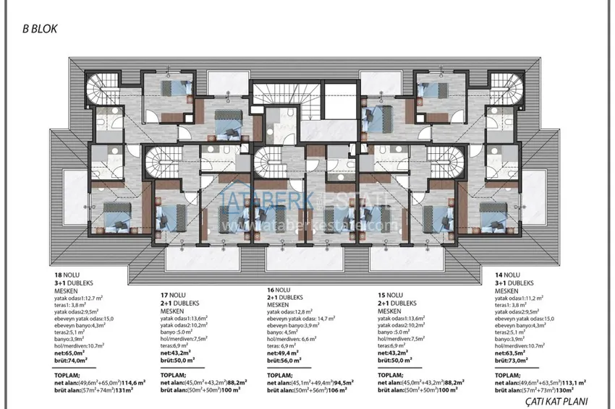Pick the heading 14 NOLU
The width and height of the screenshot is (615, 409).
(x=508, y=275)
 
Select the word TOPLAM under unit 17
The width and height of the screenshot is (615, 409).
(x=174, y=376)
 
